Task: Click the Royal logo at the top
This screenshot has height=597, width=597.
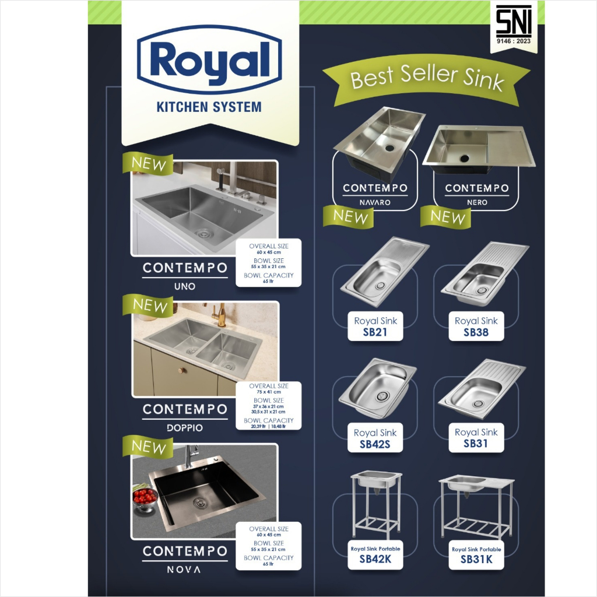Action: [x=209, y=60]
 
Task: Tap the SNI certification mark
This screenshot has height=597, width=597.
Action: [x=514, y=24]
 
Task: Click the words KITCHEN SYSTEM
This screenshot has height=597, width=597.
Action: [x=209, y=107]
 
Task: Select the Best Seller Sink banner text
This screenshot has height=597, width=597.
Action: [x=427, y=78]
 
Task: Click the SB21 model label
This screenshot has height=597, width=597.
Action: [x=375, y=332]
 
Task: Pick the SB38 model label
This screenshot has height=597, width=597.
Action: [x=476, y=332]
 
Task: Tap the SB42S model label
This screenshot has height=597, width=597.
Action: [x=375, y=444]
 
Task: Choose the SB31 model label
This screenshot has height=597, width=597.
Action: [x=476, y=444]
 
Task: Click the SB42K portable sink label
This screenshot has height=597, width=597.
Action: [x=375, y=559]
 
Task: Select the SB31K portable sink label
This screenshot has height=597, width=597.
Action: [x=476, y=559]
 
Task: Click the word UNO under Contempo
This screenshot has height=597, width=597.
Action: [x=185, y=286]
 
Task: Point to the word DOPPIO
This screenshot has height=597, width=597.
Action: [x=185, y=428]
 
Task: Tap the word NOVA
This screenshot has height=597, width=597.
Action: [x=184, y=570]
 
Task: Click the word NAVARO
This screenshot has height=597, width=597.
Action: [x=375, y=202]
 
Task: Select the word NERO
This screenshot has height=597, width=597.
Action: [x=477, y=202]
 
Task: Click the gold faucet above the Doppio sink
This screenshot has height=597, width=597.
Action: [x=220, y=314]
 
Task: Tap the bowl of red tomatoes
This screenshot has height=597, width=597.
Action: [x=145, y=497]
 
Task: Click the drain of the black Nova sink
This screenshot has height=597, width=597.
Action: [x=201, y=503]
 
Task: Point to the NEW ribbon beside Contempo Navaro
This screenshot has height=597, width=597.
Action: [x=349, y=217]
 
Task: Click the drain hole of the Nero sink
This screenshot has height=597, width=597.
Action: [x=465, y=158]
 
